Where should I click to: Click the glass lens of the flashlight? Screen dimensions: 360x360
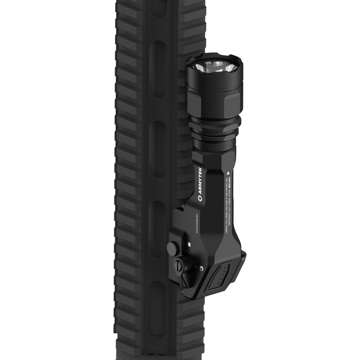[214, 65]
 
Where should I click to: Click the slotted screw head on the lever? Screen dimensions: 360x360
[179, 264]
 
